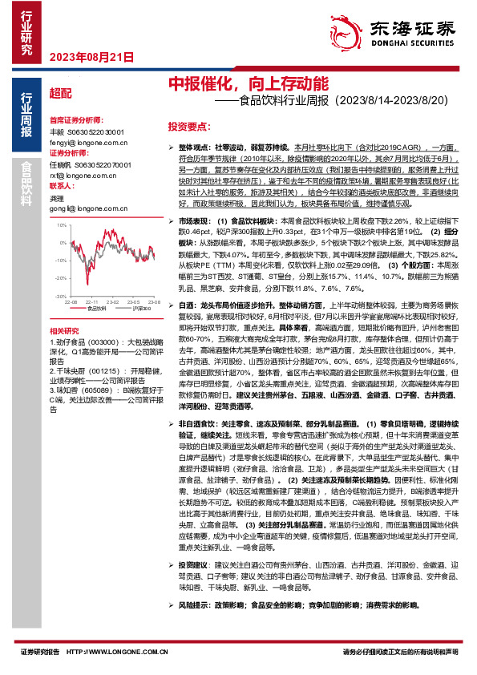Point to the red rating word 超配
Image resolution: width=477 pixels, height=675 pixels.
[61, 93]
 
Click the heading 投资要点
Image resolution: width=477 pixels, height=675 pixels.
[188, 127]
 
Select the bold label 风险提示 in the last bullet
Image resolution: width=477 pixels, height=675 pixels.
[194, 627]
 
